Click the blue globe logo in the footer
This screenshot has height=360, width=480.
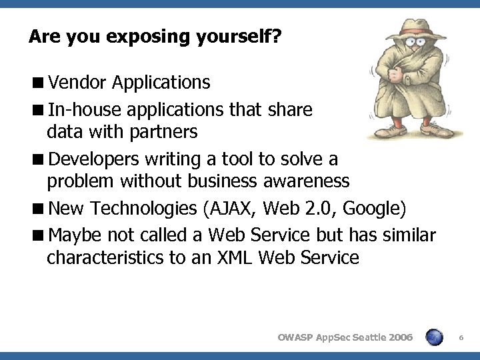(433, 337)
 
